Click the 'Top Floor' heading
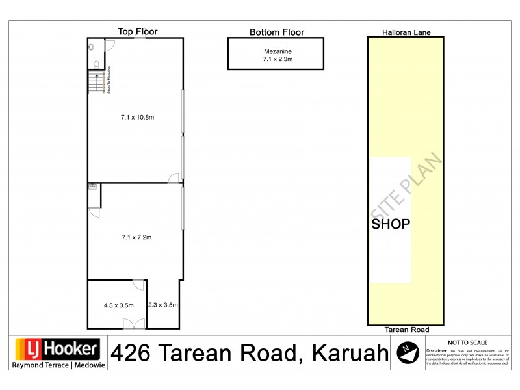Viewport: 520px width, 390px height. point(137,31)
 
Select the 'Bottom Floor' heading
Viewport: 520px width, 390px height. point(277,32)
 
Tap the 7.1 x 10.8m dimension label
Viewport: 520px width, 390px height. point(137,118)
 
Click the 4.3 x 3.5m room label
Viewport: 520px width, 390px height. point(118,305)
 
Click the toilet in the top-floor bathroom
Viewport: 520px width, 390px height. point(96,64)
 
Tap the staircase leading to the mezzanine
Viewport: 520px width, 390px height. point(96,82)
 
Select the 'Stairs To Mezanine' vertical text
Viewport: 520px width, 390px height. point(107,80)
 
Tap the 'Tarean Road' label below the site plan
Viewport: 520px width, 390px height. point(406,330)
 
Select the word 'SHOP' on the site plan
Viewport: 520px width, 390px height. point(391,224)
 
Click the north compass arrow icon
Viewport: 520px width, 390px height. point(408,352)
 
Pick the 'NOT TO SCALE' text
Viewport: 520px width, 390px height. point(467,343)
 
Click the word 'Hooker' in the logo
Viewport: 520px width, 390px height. point(72,350)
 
